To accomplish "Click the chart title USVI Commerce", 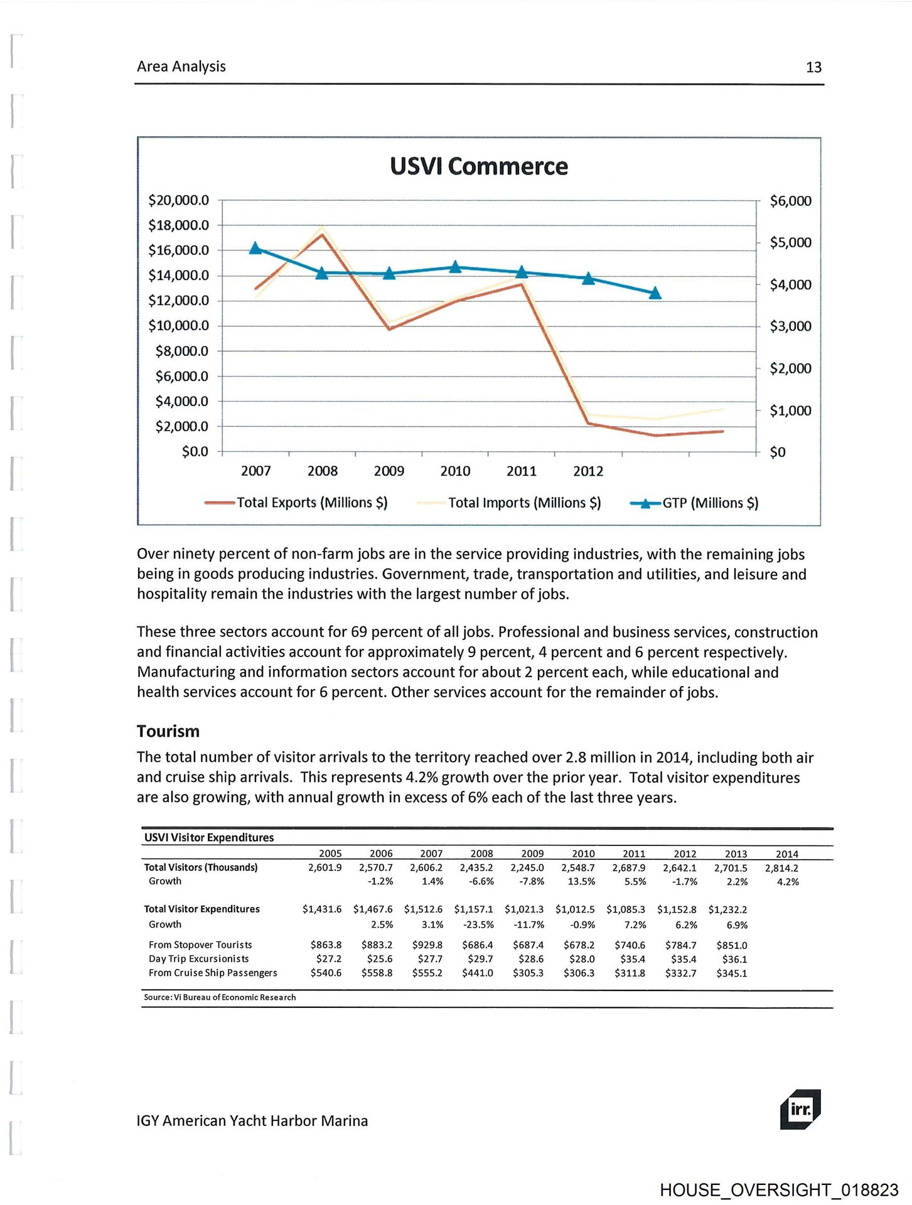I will [x=478, y=166].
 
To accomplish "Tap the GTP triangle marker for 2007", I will [x=255, y=249].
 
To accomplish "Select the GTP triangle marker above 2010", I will [x=455, y=267].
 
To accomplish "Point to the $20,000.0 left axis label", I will [x=178, y=200].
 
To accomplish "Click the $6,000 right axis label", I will [x=790, y=201].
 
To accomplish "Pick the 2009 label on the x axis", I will [x=389, y=471].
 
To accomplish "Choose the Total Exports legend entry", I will [x=297, y=503].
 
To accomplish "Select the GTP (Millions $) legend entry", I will [x=694, y=503].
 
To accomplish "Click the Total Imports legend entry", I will [x=510, y=503].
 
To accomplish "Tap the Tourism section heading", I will [x=168, y=731].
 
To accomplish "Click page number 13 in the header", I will [x=813, y=67].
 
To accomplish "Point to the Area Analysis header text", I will [x=181, y=67].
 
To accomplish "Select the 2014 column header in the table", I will [x=786, y=854].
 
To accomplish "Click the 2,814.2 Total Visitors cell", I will [x=781, y=868].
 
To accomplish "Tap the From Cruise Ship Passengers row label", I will [x=213, y=973].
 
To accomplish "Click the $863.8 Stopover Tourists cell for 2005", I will [x=326, y=945].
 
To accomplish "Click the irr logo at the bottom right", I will [x=800, y=1109].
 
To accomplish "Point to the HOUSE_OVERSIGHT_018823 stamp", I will [x=779, y=1190].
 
